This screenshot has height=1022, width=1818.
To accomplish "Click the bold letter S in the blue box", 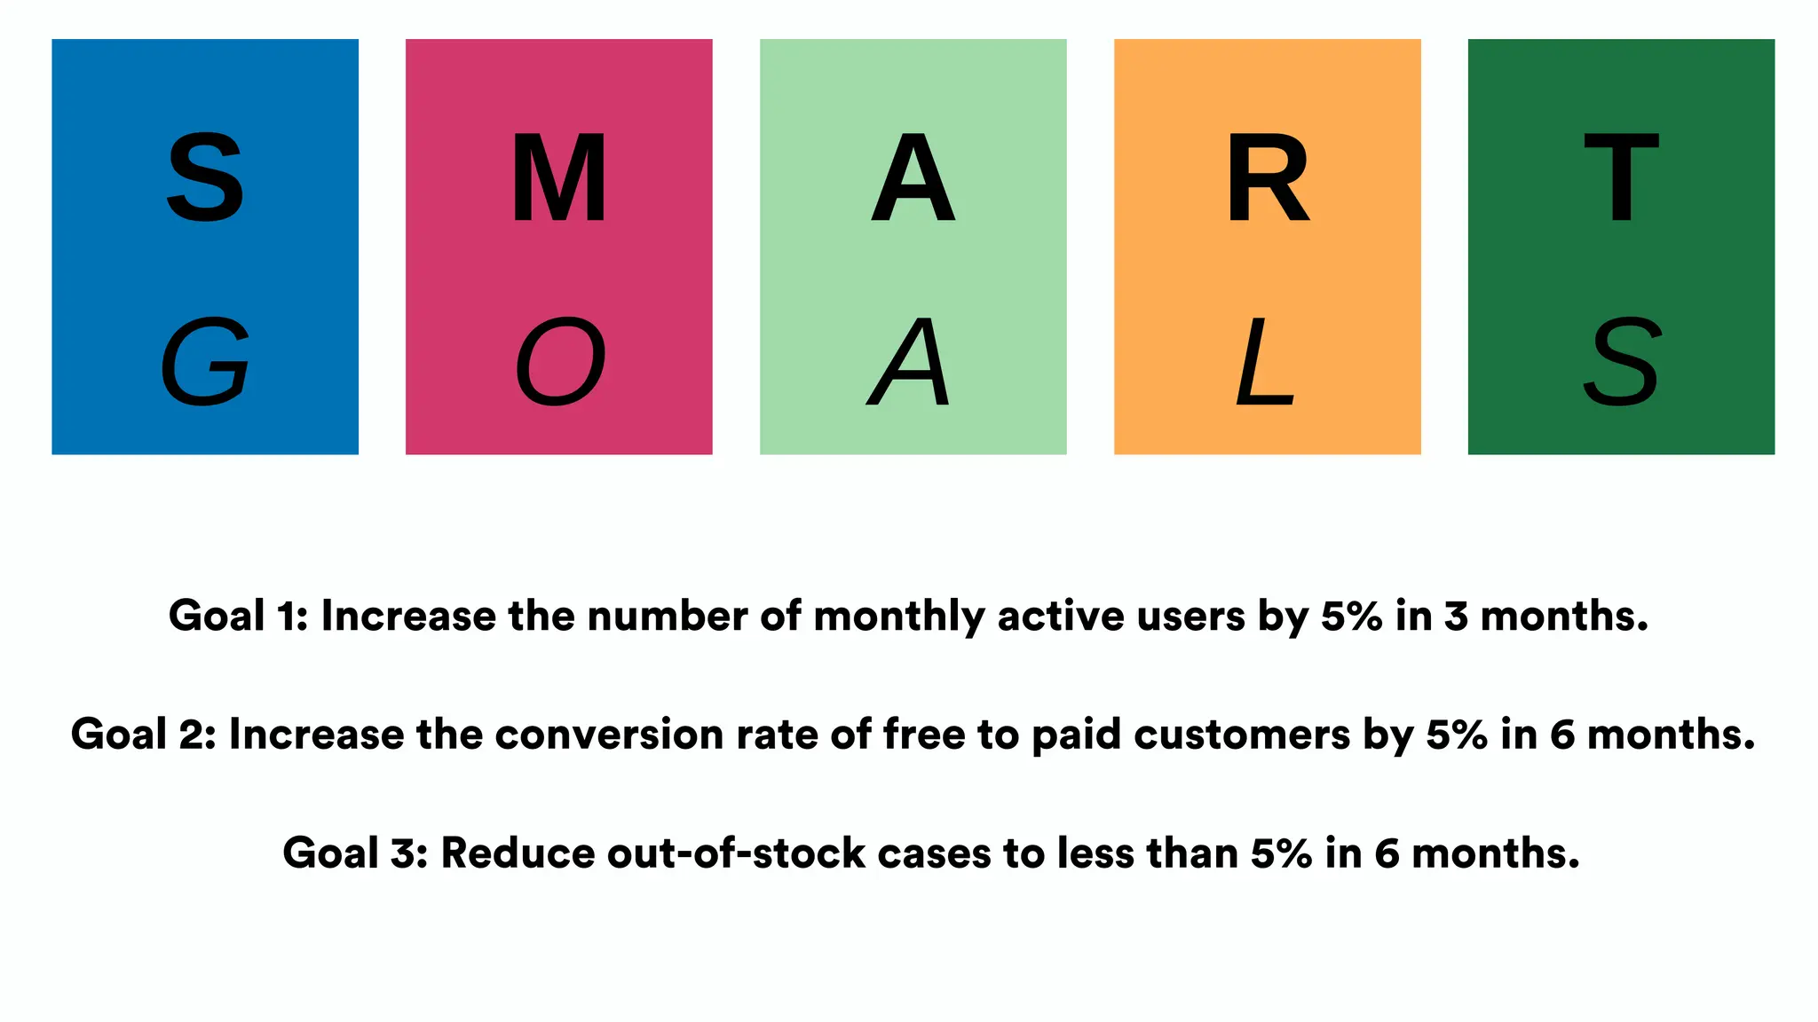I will [x=205, y=177].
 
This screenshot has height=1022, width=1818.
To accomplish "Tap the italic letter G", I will [x=205, y=362].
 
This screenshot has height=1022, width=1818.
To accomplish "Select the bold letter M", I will [x=559, y=177].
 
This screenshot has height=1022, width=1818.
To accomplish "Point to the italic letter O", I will [x=560, y=362].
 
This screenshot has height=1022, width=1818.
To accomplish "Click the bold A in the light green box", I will [x=913, y=177].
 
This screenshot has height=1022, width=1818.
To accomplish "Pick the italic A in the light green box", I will [x=910, y=362].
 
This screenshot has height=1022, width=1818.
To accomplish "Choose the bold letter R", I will [x=1267, y=177].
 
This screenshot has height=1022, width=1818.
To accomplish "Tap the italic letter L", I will [x=1264, y=362].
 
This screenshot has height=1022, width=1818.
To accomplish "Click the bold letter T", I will [x=1621, y=177].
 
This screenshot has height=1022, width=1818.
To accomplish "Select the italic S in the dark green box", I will [x=1621, y=362].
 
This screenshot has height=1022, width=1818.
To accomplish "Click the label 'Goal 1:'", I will [x=238, y=616].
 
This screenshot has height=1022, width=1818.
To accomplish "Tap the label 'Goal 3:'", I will [x=355, y=853].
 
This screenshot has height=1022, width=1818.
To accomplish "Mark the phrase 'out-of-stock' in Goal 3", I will [x=736, y=853].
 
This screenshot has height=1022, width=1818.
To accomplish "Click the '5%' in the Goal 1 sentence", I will [x=1351, y=616].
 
